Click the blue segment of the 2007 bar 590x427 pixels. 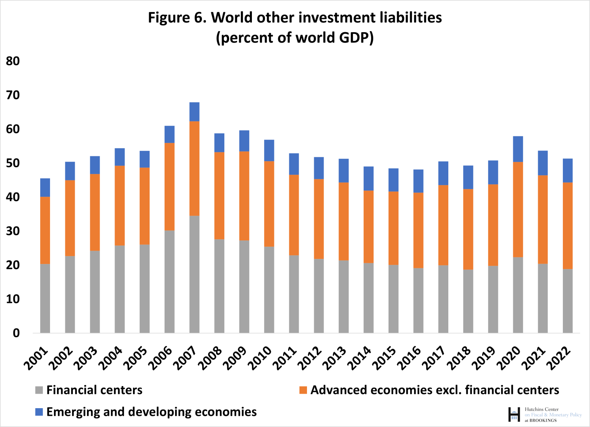click(x=194, y=112)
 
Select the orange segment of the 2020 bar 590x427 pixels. click(x=518, y=209)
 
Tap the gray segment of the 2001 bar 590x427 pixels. click(x=45, y=298)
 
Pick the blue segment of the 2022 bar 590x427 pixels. click(x=568, y=170)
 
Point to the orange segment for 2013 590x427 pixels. click(x=344, y=221)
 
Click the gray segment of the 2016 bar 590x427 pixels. click(x=418, y=301)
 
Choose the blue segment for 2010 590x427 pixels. click(x=269, y=150)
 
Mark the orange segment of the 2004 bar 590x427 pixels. click(x=120, y=205)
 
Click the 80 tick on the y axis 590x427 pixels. click(x=13, y=61)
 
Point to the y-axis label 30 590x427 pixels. click(x=13, y=231)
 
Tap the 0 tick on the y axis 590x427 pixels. click(x=16, y=333)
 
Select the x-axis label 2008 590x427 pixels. click(x=210, y=358)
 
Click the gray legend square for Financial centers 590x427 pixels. click(x=39, y=390)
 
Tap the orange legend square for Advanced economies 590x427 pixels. click(x=303, y=390)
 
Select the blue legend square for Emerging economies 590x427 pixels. click(x=39, y=412)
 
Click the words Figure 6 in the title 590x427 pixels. click(x=176, y=18)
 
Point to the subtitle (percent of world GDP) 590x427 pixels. click(x=295, y=38)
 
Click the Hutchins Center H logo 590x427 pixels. click(x=514, y=414)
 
